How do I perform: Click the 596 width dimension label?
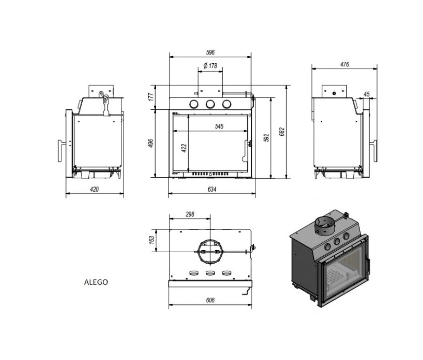click(211, 53)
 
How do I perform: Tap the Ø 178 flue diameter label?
click(210, 66)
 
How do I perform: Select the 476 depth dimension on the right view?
click(344, 64)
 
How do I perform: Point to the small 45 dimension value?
click(366, 94)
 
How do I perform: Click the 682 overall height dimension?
click(282, 132)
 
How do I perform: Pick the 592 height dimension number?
click(266, 138)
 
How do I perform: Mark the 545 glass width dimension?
click(219, 126)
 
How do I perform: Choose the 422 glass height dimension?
click(184, 148)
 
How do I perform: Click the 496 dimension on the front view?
click(151, 143)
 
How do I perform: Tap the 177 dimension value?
click(151, 97)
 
